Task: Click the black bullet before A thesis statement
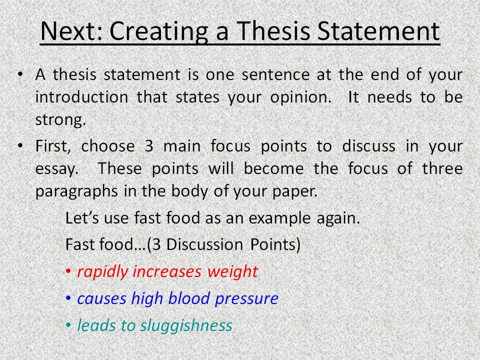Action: (20, 74)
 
